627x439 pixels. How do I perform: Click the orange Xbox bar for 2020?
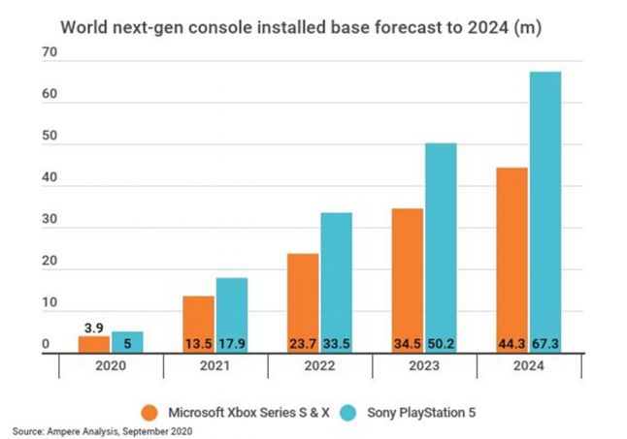pos(94,344)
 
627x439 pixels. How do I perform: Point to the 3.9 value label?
pos(94,327)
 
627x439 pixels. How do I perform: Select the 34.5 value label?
pos(408,343)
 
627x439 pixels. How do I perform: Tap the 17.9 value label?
pos(232,343)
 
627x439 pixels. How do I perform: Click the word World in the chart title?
pos(84,26)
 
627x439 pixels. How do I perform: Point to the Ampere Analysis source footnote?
pos(104,428)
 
